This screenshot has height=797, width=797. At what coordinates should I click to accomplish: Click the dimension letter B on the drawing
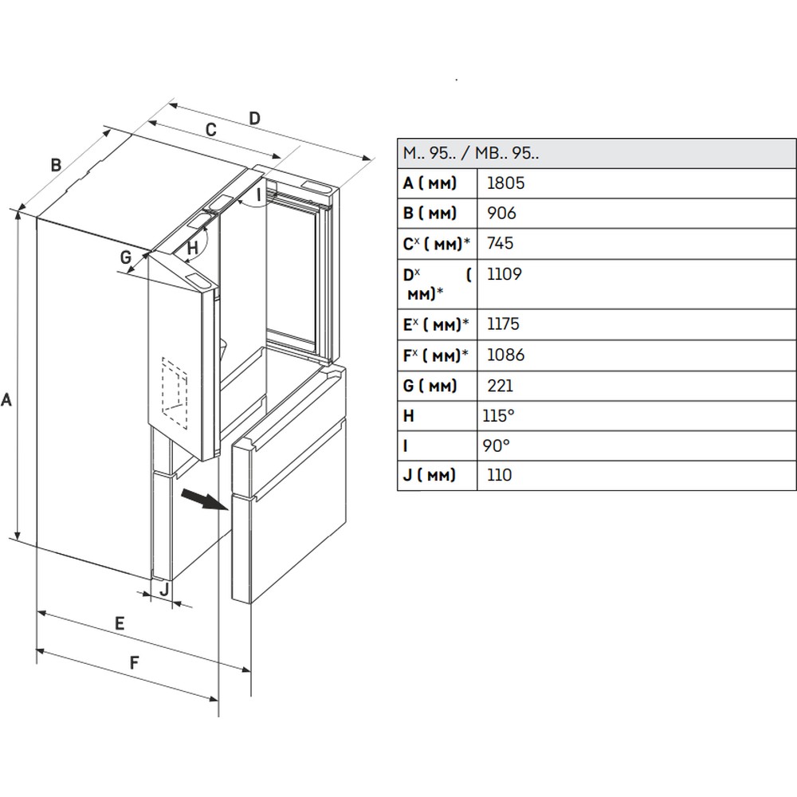(x=56, y=165)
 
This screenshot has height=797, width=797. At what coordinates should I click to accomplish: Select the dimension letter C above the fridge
(x=211, y=129)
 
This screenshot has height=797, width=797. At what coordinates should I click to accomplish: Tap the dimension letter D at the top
(x=254, y=118)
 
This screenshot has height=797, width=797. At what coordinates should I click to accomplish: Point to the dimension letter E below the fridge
(x=119, y=623)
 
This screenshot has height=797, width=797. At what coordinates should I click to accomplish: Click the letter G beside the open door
(x=125, y=257)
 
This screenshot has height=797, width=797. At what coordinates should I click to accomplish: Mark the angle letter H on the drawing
(x=192, y=247)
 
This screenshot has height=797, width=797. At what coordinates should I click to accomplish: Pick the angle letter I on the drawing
(x=258, y=193)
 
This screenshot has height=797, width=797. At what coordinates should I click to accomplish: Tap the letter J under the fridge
(x=163, y=589)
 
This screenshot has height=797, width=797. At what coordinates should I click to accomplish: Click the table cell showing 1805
(x=505, y=183)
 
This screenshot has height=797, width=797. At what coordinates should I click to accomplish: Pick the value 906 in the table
(x=501, y=214)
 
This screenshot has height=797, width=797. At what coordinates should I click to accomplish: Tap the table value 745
(x=501, y=244)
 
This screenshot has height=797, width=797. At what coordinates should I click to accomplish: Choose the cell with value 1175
(x=504, y=324)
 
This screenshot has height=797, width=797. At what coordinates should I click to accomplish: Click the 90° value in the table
(x=496, y=446)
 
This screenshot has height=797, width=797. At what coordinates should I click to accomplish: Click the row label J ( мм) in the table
(x=430, y=476)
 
